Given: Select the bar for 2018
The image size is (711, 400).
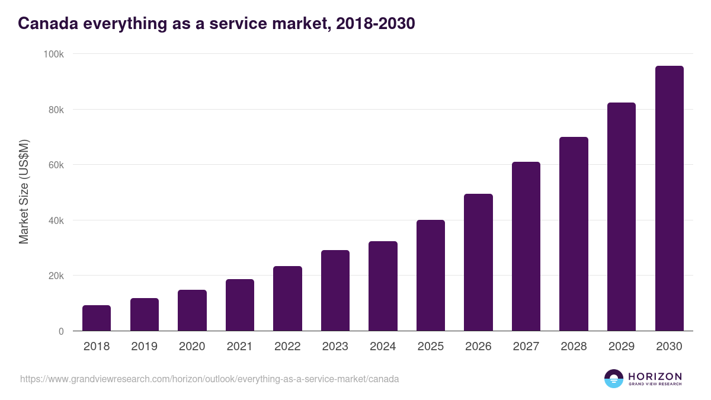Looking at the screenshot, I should [x=97, y=318].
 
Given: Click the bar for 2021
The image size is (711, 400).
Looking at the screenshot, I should [x=239, y=305].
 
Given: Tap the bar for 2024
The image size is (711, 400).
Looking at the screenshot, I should [x=383, y=286].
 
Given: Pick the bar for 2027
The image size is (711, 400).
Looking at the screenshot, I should [x=526, y=247].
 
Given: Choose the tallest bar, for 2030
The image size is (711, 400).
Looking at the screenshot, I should [x=669, y=199].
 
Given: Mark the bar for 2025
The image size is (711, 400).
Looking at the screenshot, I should [x=431, y=276].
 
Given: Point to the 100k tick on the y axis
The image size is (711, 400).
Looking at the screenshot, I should [x=54, y=54].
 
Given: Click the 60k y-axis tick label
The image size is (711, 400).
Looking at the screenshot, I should [x=56, y=165].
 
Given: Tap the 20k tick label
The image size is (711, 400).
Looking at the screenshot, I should [x=56, y=276].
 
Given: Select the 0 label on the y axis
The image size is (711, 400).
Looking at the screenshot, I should [x=61, y=331].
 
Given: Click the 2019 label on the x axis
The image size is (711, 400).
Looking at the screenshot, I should [x=144, y=347].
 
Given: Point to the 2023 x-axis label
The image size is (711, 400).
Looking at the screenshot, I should [x=335, y=347].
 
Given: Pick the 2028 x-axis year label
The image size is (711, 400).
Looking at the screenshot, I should [x=574, y=347].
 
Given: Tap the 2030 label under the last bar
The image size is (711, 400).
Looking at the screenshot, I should [x=669, y=347].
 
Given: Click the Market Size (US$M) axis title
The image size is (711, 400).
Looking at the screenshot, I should [x=24, y=193].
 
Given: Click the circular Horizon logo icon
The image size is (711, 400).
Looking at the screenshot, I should [x=614, y=379].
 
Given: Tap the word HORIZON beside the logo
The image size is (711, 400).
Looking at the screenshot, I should [x=655, y=376].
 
